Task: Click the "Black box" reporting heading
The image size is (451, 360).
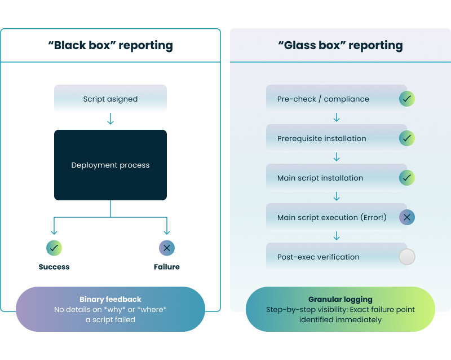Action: point(110,45)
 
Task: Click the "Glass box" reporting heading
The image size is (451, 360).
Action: point(340,45)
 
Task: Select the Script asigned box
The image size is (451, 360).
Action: point(110,99)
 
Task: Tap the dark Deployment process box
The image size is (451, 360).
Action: point(110,165)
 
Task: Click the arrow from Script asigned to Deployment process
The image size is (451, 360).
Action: point(110,120)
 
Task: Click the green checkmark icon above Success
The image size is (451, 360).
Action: point(54,248)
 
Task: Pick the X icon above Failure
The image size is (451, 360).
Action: point(167,248)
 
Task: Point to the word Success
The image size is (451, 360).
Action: point(54,267)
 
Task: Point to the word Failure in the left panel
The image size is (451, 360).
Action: point(167,267)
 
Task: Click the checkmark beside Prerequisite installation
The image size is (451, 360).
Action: point(407,138)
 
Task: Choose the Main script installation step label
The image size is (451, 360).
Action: point(320,178)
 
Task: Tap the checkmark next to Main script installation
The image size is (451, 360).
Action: point(407,178)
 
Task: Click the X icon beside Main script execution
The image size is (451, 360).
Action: point(407,217)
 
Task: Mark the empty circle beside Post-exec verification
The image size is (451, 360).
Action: point(407,257)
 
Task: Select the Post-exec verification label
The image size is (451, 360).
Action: point(318,257)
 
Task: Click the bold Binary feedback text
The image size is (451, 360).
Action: point(110,299)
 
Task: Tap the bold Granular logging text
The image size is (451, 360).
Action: point(340,300)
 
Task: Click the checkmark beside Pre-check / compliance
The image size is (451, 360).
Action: point(407,99)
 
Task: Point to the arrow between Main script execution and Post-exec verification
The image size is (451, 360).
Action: point(337,236)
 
